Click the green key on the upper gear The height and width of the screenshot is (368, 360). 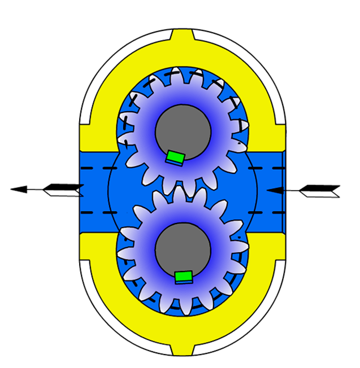175,157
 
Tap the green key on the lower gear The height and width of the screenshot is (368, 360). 183,277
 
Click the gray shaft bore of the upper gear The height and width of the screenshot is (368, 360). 183,132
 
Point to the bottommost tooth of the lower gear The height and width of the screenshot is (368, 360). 182,309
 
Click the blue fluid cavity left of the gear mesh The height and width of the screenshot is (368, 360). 124,190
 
